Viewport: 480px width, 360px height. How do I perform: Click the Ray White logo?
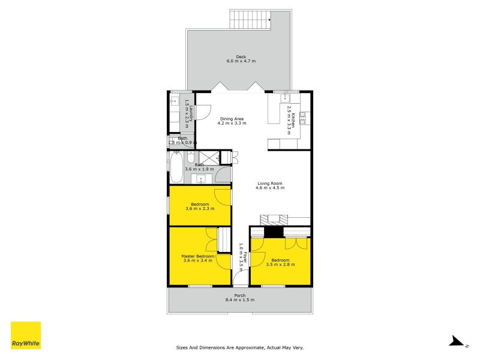[26, 335]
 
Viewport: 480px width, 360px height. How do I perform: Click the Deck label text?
[241, 57]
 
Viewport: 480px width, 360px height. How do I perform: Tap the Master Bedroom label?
[197, 256]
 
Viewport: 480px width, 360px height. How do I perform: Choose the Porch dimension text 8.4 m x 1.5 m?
[240, 299]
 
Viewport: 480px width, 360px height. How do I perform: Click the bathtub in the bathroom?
[176, 167]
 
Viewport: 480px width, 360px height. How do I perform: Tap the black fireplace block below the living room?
[274, 232]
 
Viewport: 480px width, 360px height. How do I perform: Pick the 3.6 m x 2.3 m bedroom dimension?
[200, 209]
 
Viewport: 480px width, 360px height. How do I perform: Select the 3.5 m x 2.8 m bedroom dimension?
[280, 265]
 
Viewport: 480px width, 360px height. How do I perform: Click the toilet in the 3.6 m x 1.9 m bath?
[190, 158]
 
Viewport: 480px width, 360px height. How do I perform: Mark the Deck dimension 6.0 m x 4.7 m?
[241, 61]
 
